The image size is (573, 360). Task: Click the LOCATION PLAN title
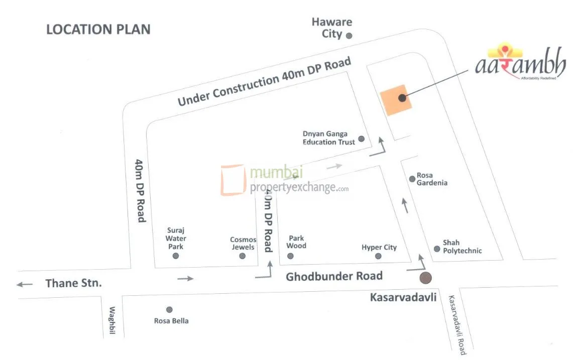pos(98,29)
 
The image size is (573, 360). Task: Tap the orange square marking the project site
pos(396,99)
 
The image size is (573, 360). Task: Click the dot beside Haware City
pos(349,36)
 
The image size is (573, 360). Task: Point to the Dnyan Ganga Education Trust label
pos(328,138)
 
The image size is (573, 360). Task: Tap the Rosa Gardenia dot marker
pos(412,178)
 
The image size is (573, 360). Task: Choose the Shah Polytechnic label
pos(462,247)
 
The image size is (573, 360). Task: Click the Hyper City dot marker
pos(378,257)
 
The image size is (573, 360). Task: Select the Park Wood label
pos(296,242)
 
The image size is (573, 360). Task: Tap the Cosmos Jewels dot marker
pos(243,256)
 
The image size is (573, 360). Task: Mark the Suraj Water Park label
pos(176,238)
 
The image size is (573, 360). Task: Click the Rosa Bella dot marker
pos(169,309)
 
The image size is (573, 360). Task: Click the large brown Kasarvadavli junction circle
pos(426,277)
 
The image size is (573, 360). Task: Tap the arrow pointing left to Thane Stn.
pos(24,284)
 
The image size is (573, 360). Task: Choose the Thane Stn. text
pos(73,283)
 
